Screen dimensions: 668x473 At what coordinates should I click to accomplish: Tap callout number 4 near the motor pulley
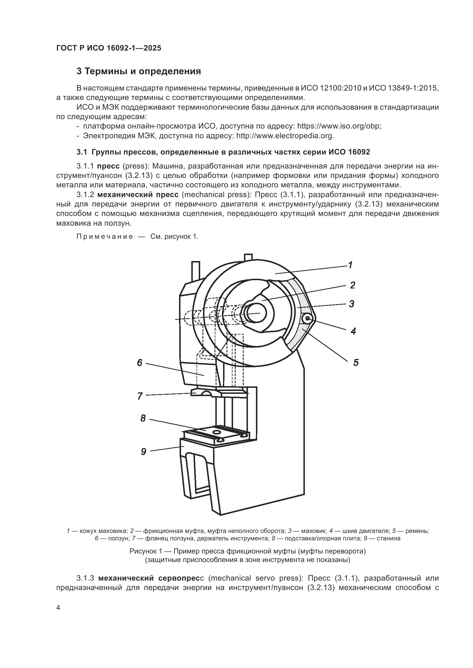pyautogui.click(x=353, y=331)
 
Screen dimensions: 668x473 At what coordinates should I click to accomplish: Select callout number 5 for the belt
pyautogui.click(x=356, y=362)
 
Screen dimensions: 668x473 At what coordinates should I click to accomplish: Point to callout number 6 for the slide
pyautogui.click(x=140, y=362)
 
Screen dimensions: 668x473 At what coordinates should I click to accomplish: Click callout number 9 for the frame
pyautogui.click(x=143, y=452)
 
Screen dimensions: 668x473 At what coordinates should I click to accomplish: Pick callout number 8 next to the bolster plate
pyautogui.click(x=143, y=418)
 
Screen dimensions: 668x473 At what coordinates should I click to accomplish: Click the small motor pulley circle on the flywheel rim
pyautogui.click(x=307, y=319)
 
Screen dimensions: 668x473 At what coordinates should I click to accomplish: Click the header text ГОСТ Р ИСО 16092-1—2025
pyautogui.click(x=108, y=48)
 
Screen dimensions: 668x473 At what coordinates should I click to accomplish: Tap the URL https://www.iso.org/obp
pyautogui.click(x=339, y=126)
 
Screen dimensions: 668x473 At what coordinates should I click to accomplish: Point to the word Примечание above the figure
pyautogui.click(x=105, y=236)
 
